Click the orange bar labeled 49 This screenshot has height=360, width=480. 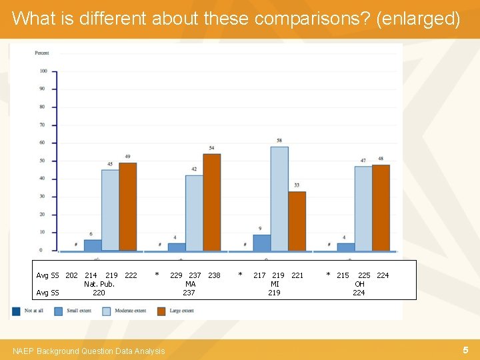click(127, 207)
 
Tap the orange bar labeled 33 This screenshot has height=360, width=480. click(297, 221)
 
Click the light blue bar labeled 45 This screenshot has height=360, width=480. click(110, 210)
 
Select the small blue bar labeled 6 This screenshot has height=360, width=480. click(93, 245)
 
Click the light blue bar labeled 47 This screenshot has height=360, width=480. click(363, 209)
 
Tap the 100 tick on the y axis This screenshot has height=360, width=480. click(43, 71)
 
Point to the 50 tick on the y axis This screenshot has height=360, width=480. click(43, 161)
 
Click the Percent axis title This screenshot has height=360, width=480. click(42, 53)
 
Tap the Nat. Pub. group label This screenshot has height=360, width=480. click(99, 284)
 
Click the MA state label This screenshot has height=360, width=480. click(190, 284)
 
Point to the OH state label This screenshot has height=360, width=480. click(359, 284)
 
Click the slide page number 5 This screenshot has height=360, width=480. click(465, 350)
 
